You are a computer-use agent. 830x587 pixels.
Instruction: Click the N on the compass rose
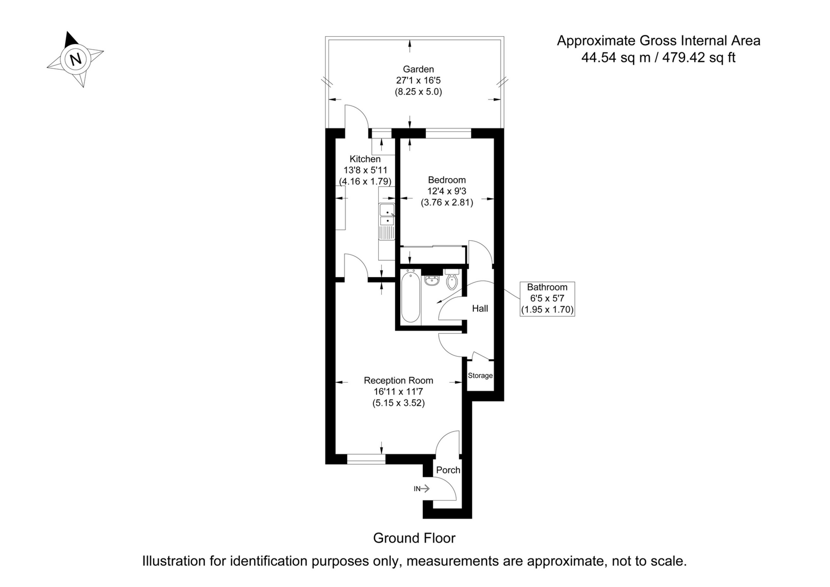pyautogui.click(x=76, y=59)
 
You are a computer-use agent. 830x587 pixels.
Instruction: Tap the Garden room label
pyautogui.click(x=418, y=69)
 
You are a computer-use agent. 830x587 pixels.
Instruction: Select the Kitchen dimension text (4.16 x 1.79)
pyautogui.click(x=365, y=182)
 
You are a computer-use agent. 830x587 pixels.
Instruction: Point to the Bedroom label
pyautogui.click(x=447, y=180)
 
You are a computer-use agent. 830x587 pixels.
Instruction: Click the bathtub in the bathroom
pyautogui.click(x=411, y=297)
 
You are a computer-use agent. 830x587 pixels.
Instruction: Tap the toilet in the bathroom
pyautogui.click(x=452, y=280)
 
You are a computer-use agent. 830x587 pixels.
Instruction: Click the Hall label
pyautogui.click(x=480, y=309)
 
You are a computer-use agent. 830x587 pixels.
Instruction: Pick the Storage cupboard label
pyautogui.click(x=480, y=376)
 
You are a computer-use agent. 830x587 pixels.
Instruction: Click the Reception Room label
pyautogui.click(x=399, y=380)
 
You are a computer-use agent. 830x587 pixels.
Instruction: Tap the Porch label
pyautogui.click(x=448, y=470)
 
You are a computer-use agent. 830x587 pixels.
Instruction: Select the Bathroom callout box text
pyautogui.click(x=547, y=298)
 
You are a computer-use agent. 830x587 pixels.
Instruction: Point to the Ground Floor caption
pyautogui.click(x=414, y=538)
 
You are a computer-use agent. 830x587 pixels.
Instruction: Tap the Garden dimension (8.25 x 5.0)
pyautogui.click(x=418, y=92)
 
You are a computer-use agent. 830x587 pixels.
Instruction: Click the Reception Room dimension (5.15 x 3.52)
pyautogui.click(x=399, y=403)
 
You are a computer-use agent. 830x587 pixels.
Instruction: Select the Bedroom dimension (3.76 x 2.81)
pyautogui.click(x=447, y=202)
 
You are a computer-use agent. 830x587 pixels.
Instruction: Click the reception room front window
pyautogui.click(x=366, y=459)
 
